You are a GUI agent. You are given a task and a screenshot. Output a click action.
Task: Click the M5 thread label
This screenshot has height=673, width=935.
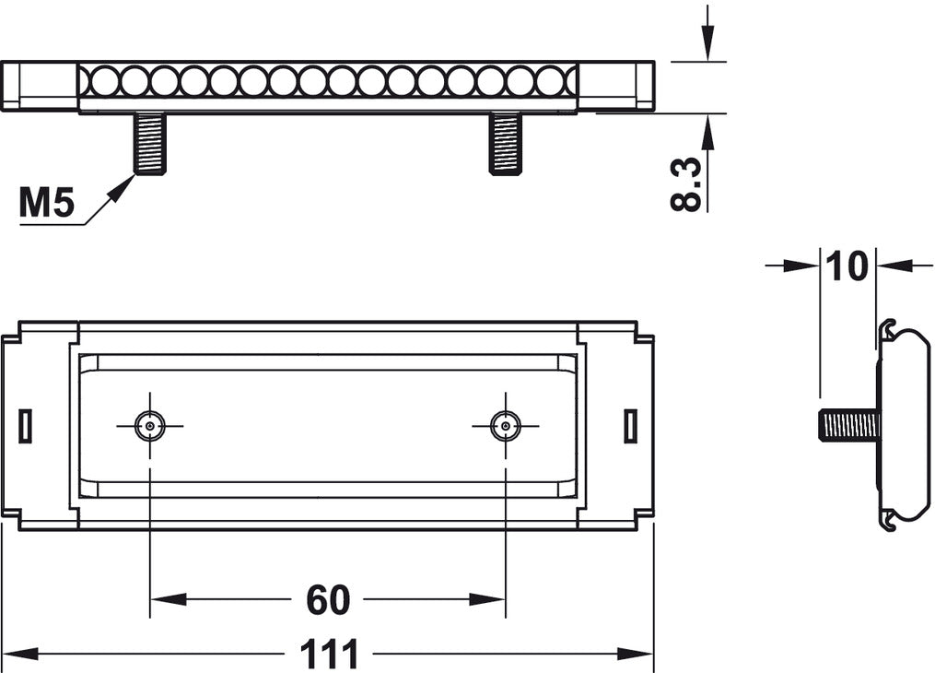coord(47,203)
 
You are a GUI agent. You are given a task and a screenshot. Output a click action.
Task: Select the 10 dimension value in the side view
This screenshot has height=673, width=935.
coord(847,266)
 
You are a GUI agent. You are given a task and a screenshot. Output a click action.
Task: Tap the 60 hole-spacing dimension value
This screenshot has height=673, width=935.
coord(328,600)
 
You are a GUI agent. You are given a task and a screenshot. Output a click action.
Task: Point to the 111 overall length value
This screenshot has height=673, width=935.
coord(328,655)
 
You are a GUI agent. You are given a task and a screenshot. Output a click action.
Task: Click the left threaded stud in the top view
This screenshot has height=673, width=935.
coord(150,143)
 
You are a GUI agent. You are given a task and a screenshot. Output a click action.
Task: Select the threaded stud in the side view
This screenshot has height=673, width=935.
coord(848,425)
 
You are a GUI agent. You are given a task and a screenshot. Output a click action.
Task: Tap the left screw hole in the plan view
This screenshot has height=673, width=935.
coord(149,426)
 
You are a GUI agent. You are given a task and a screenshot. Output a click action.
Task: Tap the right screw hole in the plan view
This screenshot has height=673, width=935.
coord(505,426)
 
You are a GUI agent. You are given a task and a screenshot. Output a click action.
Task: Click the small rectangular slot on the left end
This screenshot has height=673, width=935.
coord(26,426)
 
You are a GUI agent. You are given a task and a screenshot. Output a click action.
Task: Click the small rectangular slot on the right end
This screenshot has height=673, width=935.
coord(630,426)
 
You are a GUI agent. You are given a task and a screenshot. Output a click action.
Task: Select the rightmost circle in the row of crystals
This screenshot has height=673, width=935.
coord(550,82)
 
